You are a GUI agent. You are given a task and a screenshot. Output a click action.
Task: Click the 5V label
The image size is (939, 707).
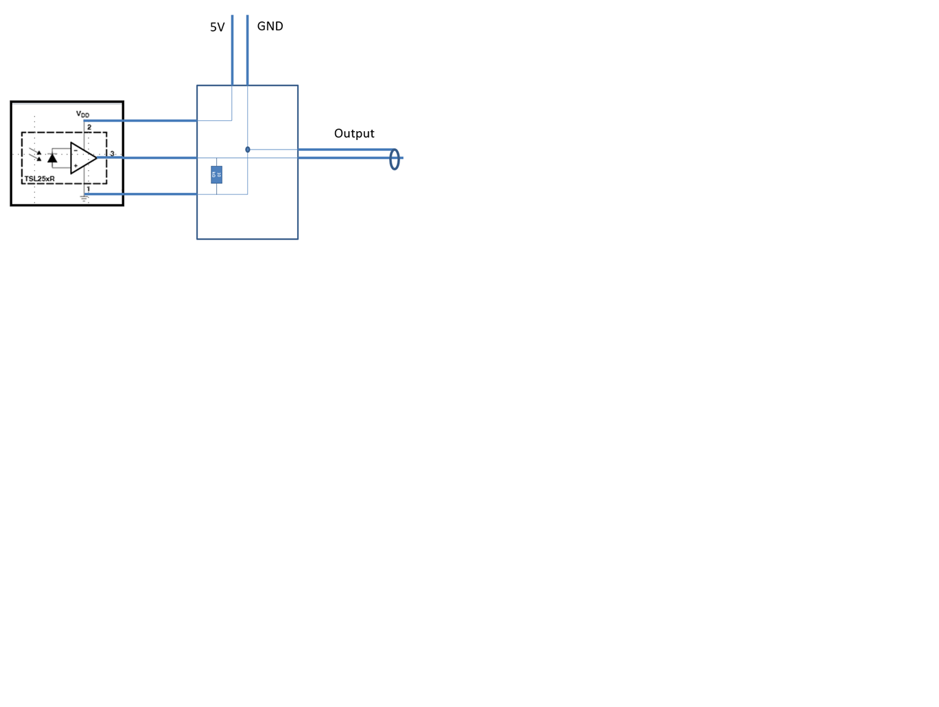click(217, 27)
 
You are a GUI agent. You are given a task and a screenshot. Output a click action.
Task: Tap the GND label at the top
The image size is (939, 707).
click(270, 26)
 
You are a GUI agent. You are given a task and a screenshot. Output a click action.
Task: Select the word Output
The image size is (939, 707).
click(353, 133)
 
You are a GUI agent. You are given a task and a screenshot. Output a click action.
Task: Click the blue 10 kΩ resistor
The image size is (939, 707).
click(216, 174)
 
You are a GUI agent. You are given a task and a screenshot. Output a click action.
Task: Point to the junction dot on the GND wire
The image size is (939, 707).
click(247, 150)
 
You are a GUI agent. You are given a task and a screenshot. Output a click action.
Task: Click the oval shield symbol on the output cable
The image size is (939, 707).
click(395, 159)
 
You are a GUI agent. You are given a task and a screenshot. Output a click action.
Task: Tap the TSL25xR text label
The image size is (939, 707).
click(40, 179)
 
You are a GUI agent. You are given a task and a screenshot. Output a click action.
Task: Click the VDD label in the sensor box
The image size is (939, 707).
click(82, 114)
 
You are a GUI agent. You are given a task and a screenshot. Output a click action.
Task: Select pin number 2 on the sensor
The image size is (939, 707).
click(89, 127)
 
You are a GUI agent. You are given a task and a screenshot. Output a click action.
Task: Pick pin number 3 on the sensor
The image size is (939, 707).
click(112, 154)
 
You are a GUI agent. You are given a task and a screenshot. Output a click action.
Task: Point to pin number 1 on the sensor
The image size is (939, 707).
click(89, 189)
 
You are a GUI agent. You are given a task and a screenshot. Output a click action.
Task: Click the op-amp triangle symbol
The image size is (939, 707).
click(82, 158)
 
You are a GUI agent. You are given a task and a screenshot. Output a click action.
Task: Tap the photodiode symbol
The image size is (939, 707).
click(52, 159)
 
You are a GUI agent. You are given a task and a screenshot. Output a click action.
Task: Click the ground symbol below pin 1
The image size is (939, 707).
click(84, 199)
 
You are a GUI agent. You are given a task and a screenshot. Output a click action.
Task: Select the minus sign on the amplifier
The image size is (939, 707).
click(76, 150)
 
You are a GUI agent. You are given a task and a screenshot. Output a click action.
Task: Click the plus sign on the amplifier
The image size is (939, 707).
click(76, 165)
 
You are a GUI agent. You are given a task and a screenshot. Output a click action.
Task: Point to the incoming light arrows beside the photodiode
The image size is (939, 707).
click(36, 156)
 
